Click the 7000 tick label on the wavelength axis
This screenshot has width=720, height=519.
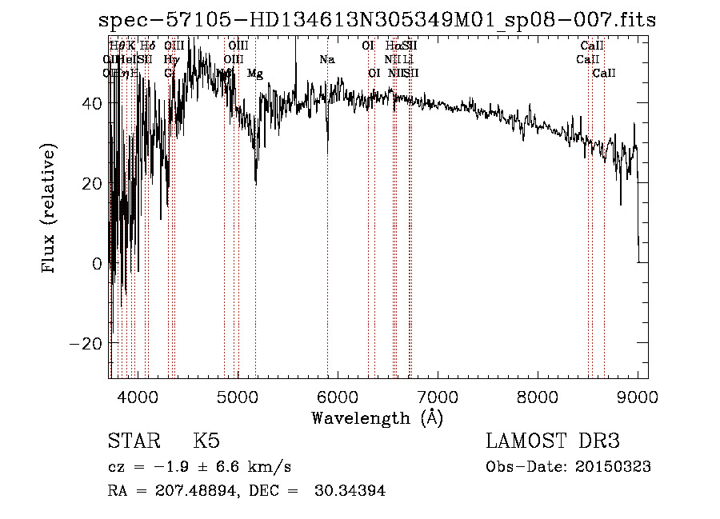437,395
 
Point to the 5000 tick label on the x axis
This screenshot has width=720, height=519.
237,395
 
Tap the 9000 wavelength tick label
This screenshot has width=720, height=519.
637,395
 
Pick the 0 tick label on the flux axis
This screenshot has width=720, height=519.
98,263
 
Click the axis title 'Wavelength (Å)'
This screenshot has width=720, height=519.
378,417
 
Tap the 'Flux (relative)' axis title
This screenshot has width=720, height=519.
50,210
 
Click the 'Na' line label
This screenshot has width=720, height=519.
326,60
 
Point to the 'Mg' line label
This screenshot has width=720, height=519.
254,74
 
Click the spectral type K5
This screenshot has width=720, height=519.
206,441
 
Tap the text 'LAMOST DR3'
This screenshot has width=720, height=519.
553,441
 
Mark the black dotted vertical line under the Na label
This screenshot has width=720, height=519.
327,240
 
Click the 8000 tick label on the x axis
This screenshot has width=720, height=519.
537,395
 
